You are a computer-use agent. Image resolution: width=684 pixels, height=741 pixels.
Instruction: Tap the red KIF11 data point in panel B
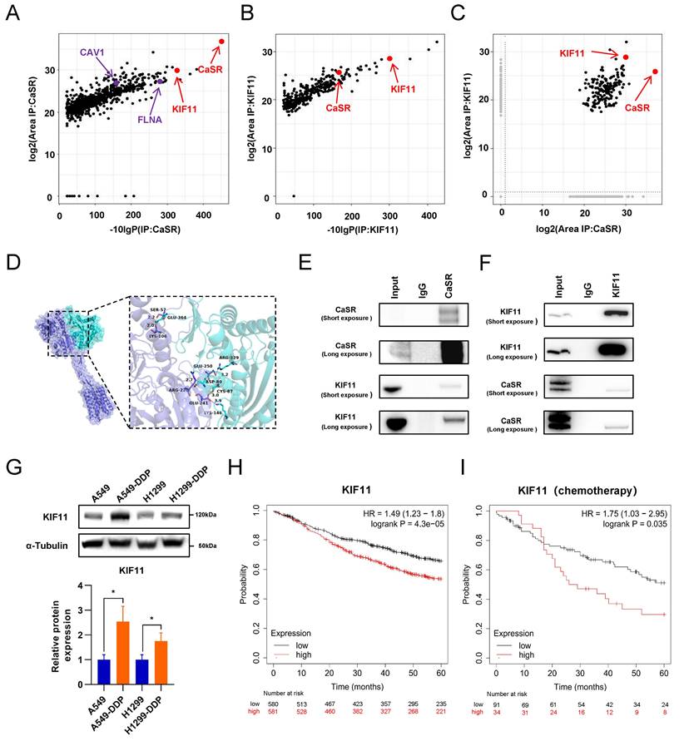[389, 59]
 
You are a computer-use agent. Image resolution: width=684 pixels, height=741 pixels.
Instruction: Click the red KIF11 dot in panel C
[626, 57]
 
